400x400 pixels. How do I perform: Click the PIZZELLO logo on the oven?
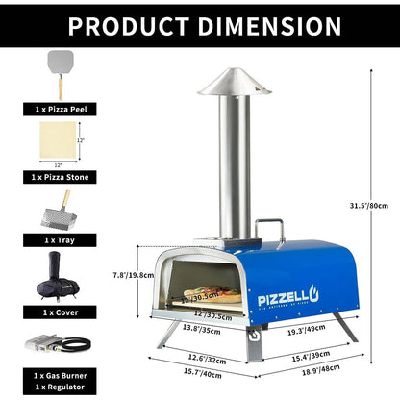286,286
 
